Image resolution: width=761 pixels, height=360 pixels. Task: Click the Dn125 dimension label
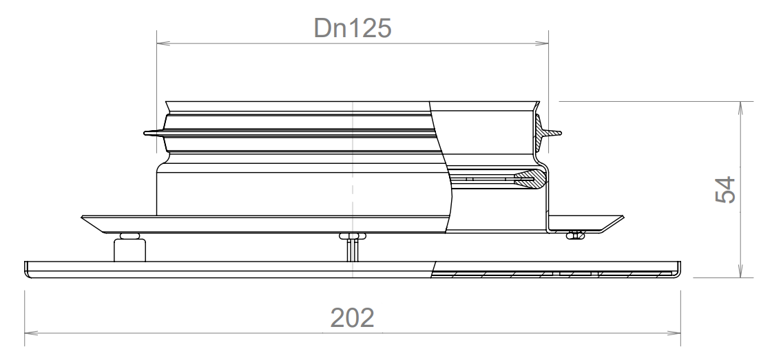tap(353, 28)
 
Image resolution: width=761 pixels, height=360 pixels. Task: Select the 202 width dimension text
tap(353, 317)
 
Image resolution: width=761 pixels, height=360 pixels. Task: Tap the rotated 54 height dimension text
tap(724, 191)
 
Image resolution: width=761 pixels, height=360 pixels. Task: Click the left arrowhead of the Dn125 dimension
tap(163, 45)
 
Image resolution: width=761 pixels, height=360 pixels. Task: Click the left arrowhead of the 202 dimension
tap(31, 334)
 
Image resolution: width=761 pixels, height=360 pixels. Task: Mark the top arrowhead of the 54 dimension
tap(741, 107)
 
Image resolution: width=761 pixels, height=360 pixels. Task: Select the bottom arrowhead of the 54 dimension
tap(741, 273)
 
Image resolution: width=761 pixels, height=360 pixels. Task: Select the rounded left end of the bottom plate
tap(28, 269)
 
